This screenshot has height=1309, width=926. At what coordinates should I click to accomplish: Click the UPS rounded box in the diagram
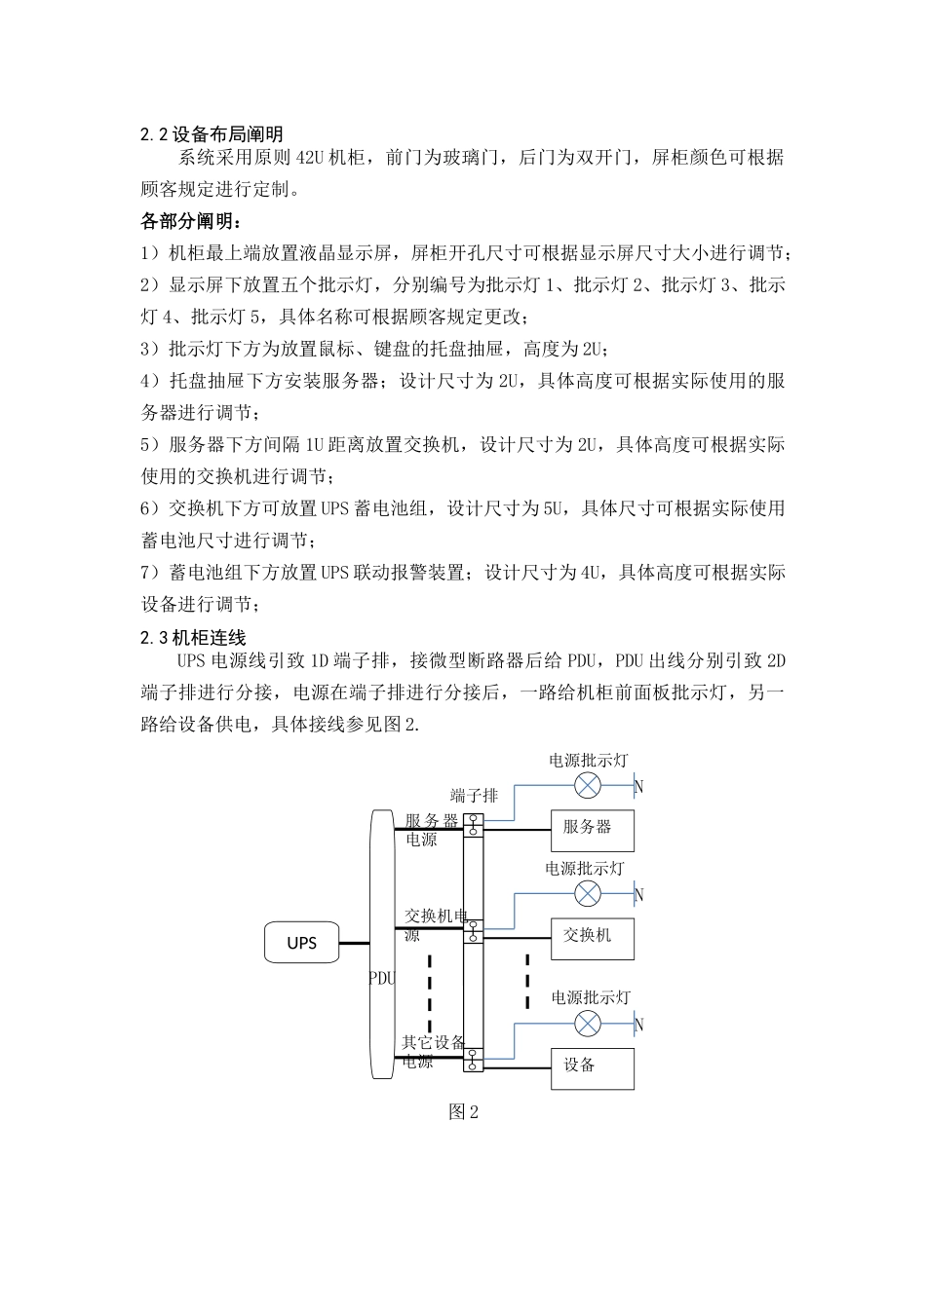[x=302, y=943]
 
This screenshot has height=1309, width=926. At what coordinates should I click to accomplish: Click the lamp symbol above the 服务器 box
[x=588, y=785]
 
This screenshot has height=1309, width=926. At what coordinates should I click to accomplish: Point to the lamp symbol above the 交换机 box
[x=588, y=893]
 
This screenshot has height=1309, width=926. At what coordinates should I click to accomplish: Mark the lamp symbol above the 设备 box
[x=588, y=1023]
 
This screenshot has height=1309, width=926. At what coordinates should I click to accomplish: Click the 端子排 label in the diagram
[x=474, y=796]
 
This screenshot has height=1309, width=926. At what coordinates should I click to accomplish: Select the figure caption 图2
[x=463, y=1112]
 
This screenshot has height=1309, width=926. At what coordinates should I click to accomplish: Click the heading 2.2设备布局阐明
[x=212, y=133]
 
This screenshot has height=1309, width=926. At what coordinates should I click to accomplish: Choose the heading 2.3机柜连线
[x=196, y=638]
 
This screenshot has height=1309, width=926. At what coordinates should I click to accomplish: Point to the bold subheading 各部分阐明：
[x=190, y=221]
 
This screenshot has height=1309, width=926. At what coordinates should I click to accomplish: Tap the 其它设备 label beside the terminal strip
[x=434, y=1043]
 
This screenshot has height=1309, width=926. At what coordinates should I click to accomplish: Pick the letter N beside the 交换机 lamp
[x=639, y=894]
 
